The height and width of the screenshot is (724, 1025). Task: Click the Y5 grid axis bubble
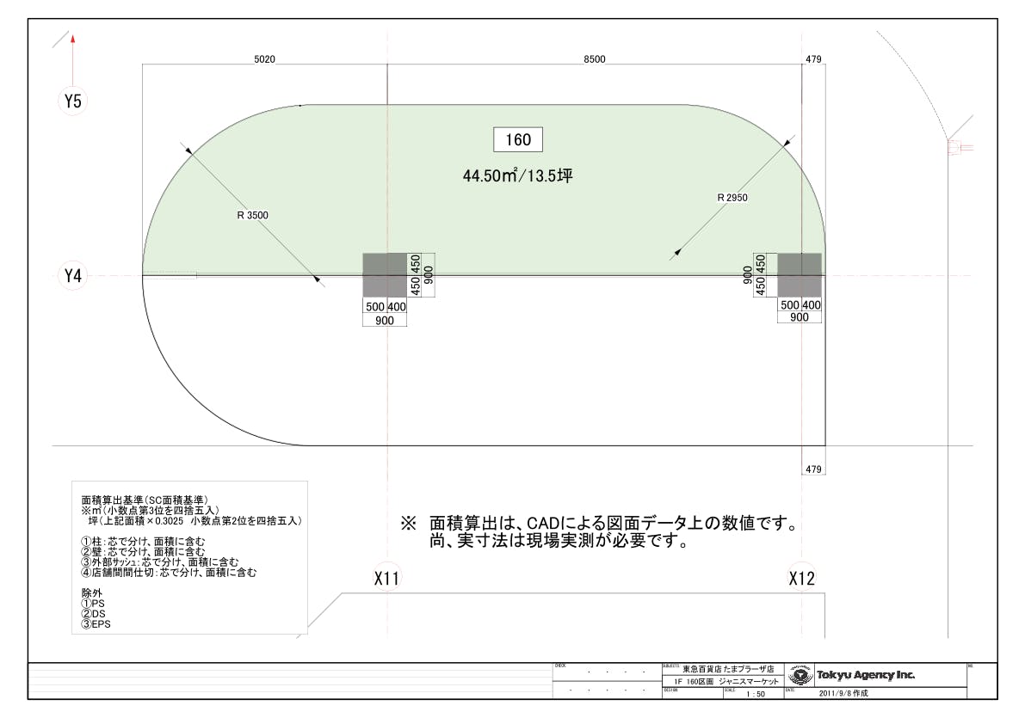tap(73, 101)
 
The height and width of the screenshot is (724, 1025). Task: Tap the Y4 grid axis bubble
tap(73, 276)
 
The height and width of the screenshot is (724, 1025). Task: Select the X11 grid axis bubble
tap(387, 579)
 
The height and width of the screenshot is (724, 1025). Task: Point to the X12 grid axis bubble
tap(801, 579)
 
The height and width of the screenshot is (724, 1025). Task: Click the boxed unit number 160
tap(518, 139)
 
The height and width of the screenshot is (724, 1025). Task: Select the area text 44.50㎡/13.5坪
tap(517, 176)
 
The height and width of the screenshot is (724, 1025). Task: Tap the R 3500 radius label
tap(251, 215)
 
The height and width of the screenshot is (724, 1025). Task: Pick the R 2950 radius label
tap(732, 197)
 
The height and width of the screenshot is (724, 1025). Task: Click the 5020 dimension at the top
tap(264, 59)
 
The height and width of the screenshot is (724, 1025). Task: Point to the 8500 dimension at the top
tap(594, 59)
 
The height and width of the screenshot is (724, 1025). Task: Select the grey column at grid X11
tap(385, 275)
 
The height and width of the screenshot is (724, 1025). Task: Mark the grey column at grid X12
tap(800, 275)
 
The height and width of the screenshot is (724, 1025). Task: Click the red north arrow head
tap(73, 39)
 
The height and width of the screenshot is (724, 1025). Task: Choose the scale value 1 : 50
tap(755, 692)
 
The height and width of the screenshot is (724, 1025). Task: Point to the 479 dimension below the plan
tap(812, 469)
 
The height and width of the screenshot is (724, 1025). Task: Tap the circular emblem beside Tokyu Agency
tap(800, 675)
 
